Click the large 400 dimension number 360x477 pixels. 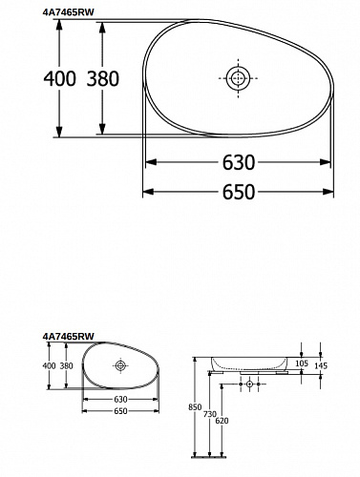click(x=60, y=78)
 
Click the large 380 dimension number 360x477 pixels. click(x=103, y=78)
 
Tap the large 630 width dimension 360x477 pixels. click(x=239, y=162)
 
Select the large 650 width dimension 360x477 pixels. click(x=239, y=192)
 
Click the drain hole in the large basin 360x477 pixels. click(x=238, y=78)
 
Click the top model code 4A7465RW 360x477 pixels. click(x=69, y=11)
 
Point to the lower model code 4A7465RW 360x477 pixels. click(x=69, y=336)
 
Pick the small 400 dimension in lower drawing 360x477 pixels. click(x=49, y=365)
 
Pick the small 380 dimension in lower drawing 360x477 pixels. click(x=66, y=365)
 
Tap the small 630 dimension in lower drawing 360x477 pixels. click(x=120, y=399)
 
